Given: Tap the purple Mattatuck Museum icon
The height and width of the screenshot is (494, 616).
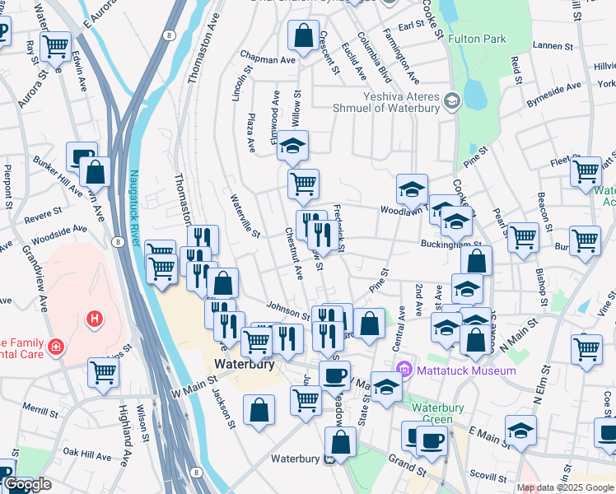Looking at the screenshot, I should [404, 370].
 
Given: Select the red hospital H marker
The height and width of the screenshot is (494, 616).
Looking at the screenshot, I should [96, 318].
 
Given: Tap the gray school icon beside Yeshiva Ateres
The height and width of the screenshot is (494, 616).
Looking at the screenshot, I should [451, 101].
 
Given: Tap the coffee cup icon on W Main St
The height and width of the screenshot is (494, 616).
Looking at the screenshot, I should [334, 375].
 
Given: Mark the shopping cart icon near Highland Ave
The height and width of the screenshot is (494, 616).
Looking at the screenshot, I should [104, 371].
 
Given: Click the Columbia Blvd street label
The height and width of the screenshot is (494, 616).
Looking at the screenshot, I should [384, 50].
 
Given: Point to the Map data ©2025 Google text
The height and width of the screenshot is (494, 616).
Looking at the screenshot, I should [565, 487].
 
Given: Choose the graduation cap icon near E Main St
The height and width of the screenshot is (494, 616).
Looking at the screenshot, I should [520, 429].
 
